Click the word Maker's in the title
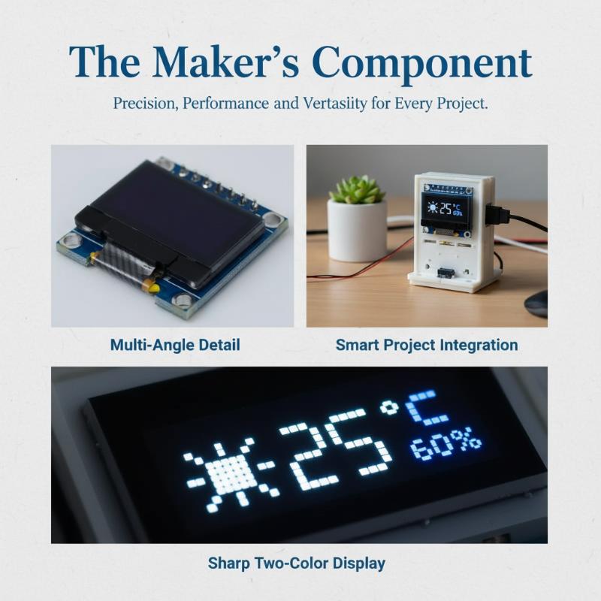pyautogui.click(x=225, y=62)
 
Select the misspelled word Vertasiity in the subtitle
pyautogui.click(x=334, y=104)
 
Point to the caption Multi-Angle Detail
pyautogui.click(x=175, y=345)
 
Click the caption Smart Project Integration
pyautogui.click(x=427, y=345)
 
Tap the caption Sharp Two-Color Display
pyautogui.click(x=296, y=563)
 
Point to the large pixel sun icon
pyautogui.click(x=230, y=475)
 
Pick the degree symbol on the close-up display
pyautogui.click(x=389, y=408)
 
